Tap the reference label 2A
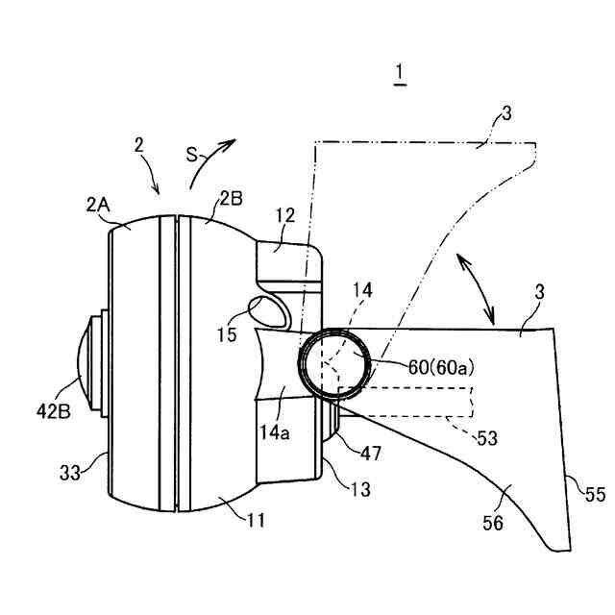(99, 204)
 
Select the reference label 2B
(231, 200)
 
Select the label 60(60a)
(417, 365)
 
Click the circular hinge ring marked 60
(330, 362)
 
